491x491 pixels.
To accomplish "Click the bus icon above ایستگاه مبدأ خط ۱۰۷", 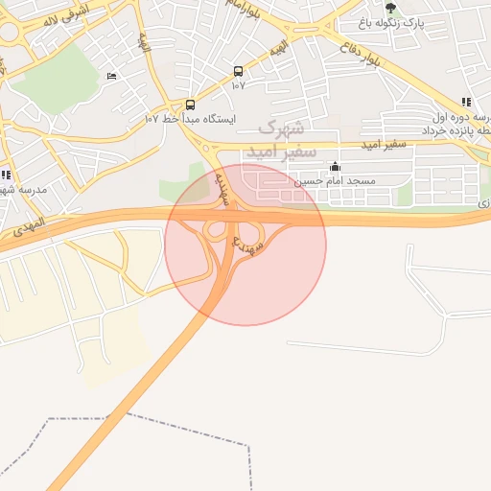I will tap(190, 105).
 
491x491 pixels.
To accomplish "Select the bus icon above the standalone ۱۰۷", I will tap(238, 71).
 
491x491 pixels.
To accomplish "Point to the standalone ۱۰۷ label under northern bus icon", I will tap(238, 85).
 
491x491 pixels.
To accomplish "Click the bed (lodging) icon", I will tap(111, 77).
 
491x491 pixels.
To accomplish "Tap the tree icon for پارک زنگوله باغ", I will tap(390, 8).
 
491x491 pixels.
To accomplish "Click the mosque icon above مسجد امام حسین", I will tap(334, 167).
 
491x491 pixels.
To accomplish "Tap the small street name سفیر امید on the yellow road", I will tap(384, 145).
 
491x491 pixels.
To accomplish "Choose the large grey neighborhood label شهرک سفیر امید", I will tap(278, 140).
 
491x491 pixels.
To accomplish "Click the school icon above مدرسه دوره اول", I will tap(466, 102).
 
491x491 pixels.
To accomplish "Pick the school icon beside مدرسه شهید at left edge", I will tap(7, 175).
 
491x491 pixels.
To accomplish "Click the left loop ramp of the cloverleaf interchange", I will tap(215, 230).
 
